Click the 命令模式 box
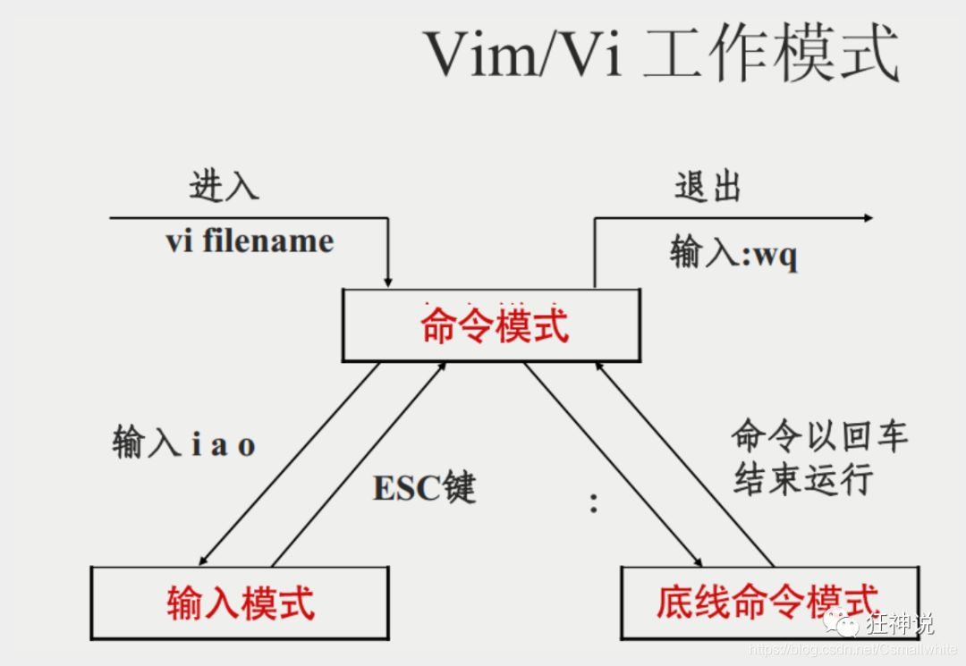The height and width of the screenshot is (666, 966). click(x=491, y=325)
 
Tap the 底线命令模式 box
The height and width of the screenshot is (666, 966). click(x=768, y=602)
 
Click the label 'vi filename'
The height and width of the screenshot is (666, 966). click(x=250, y=240)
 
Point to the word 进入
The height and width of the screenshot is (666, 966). click(x=224, y=186)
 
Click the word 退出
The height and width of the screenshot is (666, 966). click(x=708, y=187)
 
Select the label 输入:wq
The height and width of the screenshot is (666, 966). click(x=733, y=254)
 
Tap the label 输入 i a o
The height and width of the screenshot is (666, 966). click(x=184, y=443)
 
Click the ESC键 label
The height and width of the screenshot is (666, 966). click(x=424, y=488)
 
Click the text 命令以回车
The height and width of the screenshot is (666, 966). click(x=819, y=436)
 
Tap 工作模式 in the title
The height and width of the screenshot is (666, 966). click(x=769, y=54)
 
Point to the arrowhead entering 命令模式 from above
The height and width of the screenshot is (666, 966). click(x=388, y=282)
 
